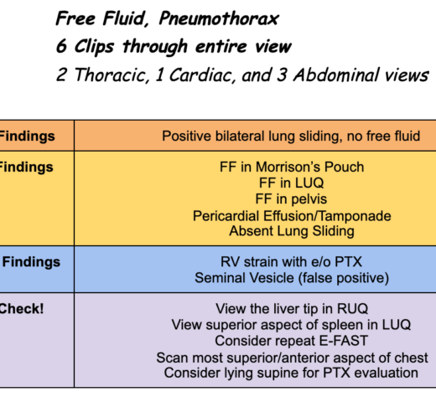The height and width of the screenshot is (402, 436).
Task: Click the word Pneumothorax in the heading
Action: pos(219,19)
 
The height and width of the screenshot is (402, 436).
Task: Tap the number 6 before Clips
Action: pos(61,46)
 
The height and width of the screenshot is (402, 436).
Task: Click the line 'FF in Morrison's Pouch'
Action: pos(292,167)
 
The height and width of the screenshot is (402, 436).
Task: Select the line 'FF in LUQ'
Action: pos(291,183)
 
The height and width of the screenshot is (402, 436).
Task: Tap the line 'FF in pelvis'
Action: pos(291,199)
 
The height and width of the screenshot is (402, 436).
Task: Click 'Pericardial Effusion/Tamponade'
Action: pos(292,216)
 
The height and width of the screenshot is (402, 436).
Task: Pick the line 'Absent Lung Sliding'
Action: pos(292,231)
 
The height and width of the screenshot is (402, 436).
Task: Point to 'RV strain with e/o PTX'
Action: pos(291,262)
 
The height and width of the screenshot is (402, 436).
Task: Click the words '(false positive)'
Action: pos(344,278)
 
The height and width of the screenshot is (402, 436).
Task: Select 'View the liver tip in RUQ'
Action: pos(292,309)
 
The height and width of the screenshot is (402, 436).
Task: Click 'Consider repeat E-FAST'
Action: pos(291,341)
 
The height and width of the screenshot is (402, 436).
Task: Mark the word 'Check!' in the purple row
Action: pos(22,309)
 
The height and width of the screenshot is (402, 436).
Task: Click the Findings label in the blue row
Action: pos(31,262)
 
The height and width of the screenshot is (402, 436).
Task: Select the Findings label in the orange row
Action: pos(27,137)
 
